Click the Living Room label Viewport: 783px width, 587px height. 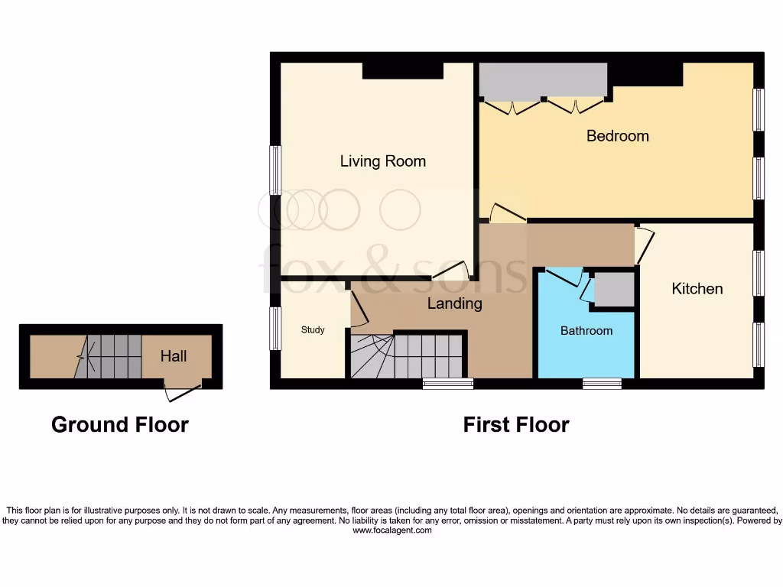382,161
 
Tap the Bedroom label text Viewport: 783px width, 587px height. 617,136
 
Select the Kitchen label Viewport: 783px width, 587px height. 697,288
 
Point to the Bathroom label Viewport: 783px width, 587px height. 586,331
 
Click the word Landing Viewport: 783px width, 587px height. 454,303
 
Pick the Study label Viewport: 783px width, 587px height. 312,330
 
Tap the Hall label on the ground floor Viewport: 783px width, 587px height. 174,356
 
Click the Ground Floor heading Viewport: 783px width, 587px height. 119,424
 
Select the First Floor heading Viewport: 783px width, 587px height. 516,424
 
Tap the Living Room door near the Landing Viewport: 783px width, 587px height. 455,270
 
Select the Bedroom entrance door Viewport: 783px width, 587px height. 502,214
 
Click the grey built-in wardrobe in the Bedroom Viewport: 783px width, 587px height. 543,80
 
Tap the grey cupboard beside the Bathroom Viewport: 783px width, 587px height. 615,290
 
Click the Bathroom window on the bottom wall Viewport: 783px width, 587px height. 602,384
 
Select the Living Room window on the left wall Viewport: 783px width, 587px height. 275,169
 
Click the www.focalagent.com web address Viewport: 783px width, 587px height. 391,530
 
